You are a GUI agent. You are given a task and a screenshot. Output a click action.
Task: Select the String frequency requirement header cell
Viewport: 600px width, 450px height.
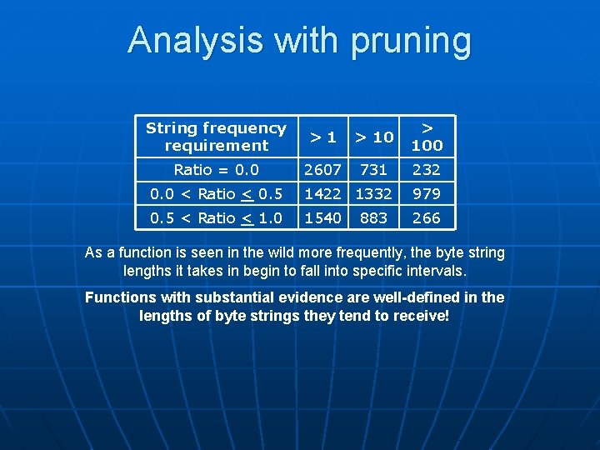216,137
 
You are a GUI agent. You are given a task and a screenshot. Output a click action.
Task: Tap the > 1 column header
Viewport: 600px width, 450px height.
322,137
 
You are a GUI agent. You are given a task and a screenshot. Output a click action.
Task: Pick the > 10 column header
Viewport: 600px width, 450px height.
373,137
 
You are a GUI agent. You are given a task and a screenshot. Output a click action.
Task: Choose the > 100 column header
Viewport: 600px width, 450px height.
427,137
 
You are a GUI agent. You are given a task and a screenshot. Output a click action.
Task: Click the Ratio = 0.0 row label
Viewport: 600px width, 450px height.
216,170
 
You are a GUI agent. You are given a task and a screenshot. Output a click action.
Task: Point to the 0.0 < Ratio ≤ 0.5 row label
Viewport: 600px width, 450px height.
216,194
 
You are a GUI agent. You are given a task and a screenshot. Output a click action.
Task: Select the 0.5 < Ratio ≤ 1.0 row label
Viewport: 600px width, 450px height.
216,218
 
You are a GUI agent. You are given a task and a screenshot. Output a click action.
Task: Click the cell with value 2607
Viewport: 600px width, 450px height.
322,170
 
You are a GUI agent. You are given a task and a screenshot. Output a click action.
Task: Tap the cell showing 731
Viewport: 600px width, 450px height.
373,170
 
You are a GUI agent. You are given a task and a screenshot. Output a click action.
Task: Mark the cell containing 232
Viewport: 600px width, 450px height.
427,170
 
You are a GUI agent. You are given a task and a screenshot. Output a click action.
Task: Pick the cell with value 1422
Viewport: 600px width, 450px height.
322,194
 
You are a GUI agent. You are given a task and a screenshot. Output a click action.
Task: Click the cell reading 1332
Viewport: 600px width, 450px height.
373,194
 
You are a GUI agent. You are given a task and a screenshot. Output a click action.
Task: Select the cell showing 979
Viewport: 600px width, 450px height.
427,194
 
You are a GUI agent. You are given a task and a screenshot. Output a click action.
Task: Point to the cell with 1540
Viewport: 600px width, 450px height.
322,218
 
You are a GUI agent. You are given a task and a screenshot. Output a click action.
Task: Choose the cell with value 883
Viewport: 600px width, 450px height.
373,218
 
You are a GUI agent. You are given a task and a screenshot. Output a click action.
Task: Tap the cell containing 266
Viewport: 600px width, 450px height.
427,218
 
